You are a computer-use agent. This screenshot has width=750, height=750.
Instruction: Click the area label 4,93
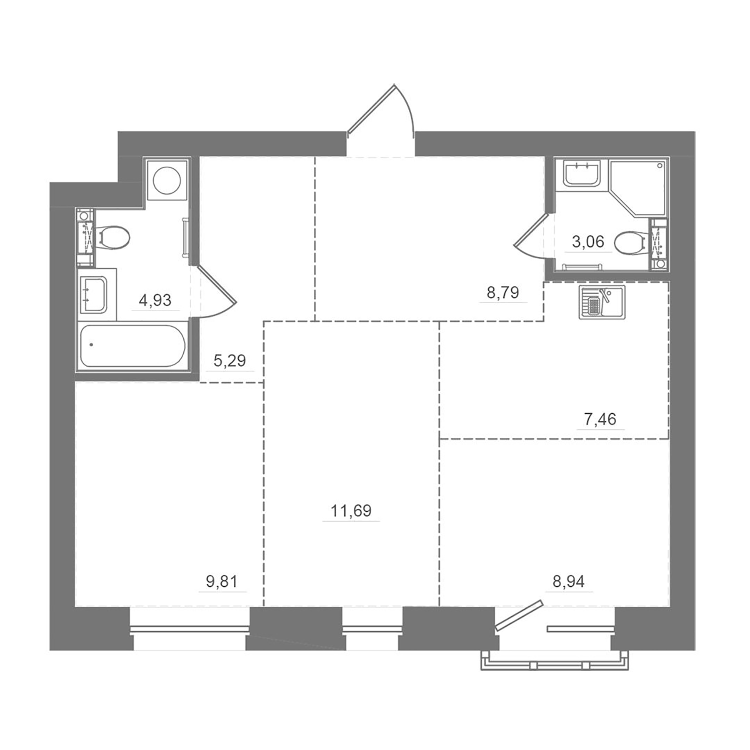click(155, 300)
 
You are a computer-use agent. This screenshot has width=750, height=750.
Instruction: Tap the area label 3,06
click(588, 241)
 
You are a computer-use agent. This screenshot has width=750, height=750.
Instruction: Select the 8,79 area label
click(503, 292)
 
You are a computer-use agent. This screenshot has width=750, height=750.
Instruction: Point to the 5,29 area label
click(230, 360)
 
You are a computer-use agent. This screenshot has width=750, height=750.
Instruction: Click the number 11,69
click(351, 510)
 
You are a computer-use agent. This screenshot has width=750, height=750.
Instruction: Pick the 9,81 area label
click(222, 581)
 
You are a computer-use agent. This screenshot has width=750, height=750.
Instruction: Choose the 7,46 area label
click(600, 419)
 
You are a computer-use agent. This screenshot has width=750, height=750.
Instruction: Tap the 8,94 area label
click(568, 581)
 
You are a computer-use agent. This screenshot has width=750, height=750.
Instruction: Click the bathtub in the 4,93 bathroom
click(132, 346)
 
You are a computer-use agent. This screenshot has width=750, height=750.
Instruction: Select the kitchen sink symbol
click(602, 302)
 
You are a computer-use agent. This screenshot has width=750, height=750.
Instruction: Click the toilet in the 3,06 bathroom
click(629, 242)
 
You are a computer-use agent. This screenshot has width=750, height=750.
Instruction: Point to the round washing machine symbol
click(167, 180)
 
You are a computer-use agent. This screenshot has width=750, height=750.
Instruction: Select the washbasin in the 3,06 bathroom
click(582, 174)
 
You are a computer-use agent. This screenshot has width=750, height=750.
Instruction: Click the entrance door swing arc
click(406, 106)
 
